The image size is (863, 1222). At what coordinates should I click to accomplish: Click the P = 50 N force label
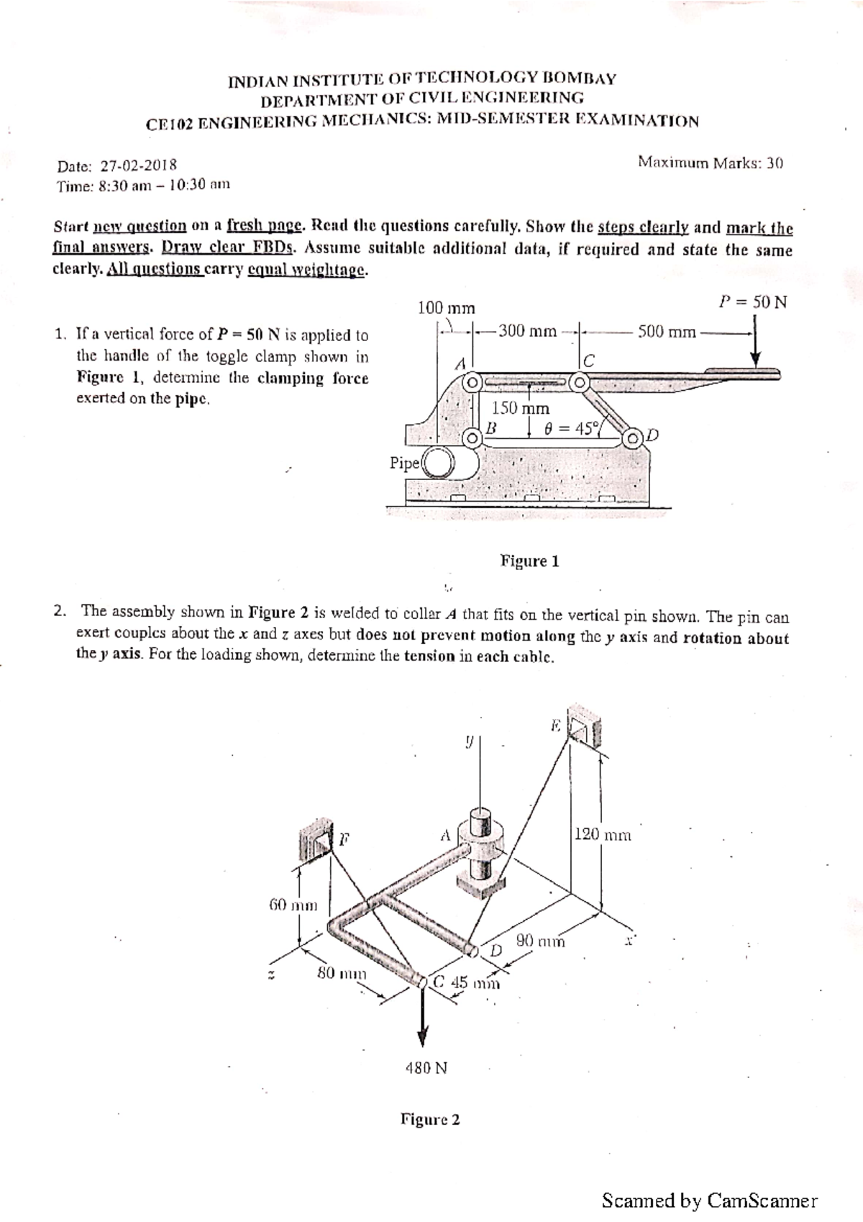(753, 302)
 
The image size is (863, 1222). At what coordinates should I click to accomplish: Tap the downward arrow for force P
(754, 349)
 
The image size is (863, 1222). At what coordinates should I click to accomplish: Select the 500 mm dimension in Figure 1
(667, 332)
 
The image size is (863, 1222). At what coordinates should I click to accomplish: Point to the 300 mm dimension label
(527, 331)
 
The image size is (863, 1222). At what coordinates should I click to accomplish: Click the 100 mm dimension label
(447, 308)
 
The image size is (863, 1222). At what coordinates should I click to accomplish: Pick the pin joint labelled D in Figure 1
(634, 438)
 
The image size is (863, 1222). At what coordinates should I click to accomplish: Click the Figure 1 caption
(529, 561)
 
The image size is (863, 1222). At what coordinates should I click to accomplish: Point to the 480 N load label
(426, 1068)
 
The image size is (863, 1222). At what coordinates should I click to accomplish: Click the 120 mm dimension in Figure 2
(603, 835)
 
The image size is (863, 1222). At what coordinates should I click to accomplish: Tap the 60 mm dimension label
(293, 905)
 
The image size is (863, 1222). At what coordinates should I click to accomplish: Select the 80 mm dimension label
(342, 974)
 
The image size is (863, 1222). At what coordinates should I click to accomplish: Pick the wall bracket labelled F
(316, 840)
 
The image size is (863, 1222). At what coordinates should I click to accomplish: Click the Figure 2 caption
(430, 1120)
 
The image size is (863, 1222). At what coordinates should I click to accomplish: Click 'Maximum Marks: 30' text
(710, 162)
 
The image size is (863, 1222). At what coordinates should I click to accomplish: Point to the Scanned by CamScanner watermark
(709, 1200)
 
